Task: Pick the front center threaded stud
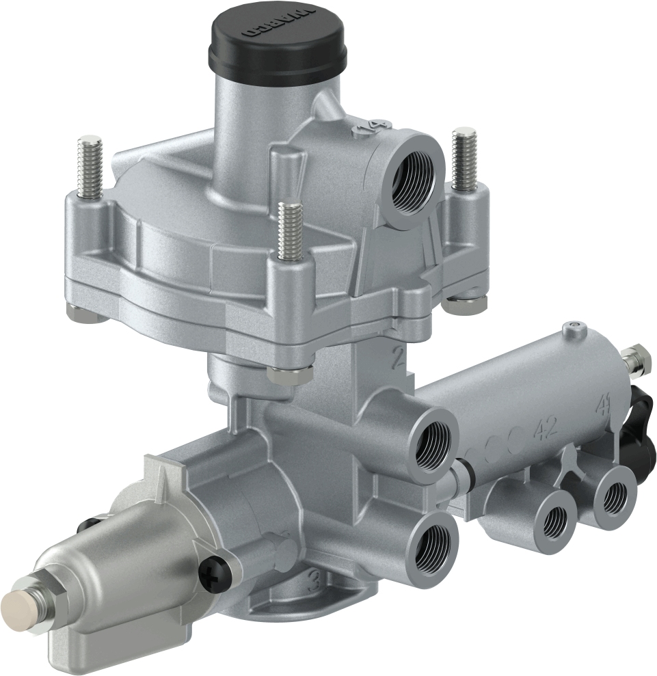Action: point(290,229)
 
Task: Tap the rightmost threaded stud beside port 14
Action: point(464,157)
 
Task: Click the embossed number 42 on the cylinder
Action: point(546,429)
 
